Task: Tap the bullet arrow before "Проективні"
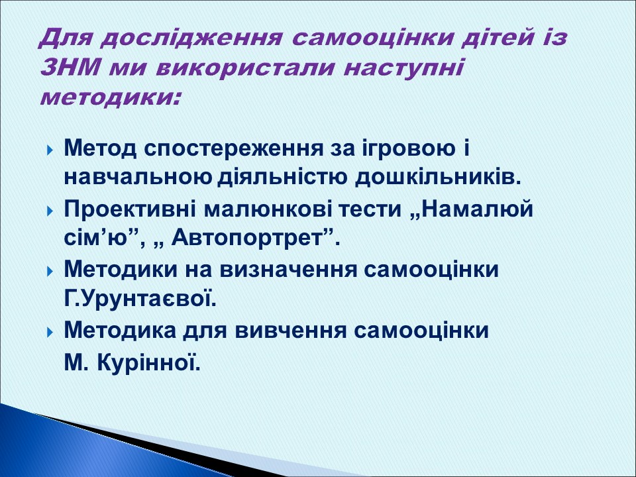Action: click(51, 212)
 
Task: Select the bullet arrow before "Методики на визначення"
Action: click(51, 272)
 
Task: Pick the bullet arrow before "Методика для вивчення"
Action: click(51, 331)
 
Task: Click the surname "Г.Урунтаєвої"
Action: click(140, 299)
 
